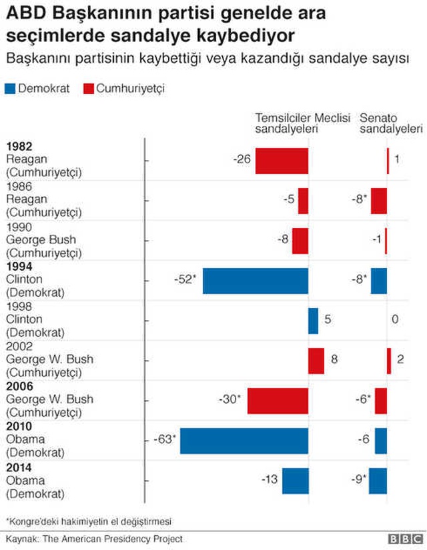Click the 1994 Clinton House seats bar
tap(256, 281)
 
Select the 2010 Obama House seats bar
tap(244, 441)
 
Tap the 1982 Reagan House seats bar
tap(282, 161)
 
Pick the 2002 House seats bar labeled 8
tap(316, 361)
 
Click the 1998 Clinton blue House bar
tap(313, 321)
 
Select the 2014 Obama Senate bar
tap(378, 481)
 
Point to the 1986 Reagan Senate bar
tap(379, 201)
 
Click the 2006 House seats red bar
tap(278, 401)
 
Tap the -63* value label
tap(165, 439)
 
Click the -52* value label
tap(185, 279)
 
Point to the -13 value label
tap(270, 479)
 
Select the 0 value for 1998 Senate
tap(395, 319)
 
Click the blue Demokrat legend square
tap(10, 89)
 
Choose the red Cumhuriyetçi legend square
tap(89, 89)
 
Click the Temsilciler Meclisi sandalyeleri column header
tap(303, 123)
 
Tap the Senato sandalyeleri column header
tap(391, 123)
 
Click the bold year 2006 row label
tap(19, 387)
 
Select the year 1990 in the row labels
tap(19, 227)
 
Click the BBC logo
tap(406, 539)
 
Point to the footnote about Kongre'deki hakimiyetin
tap(89, 521)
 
